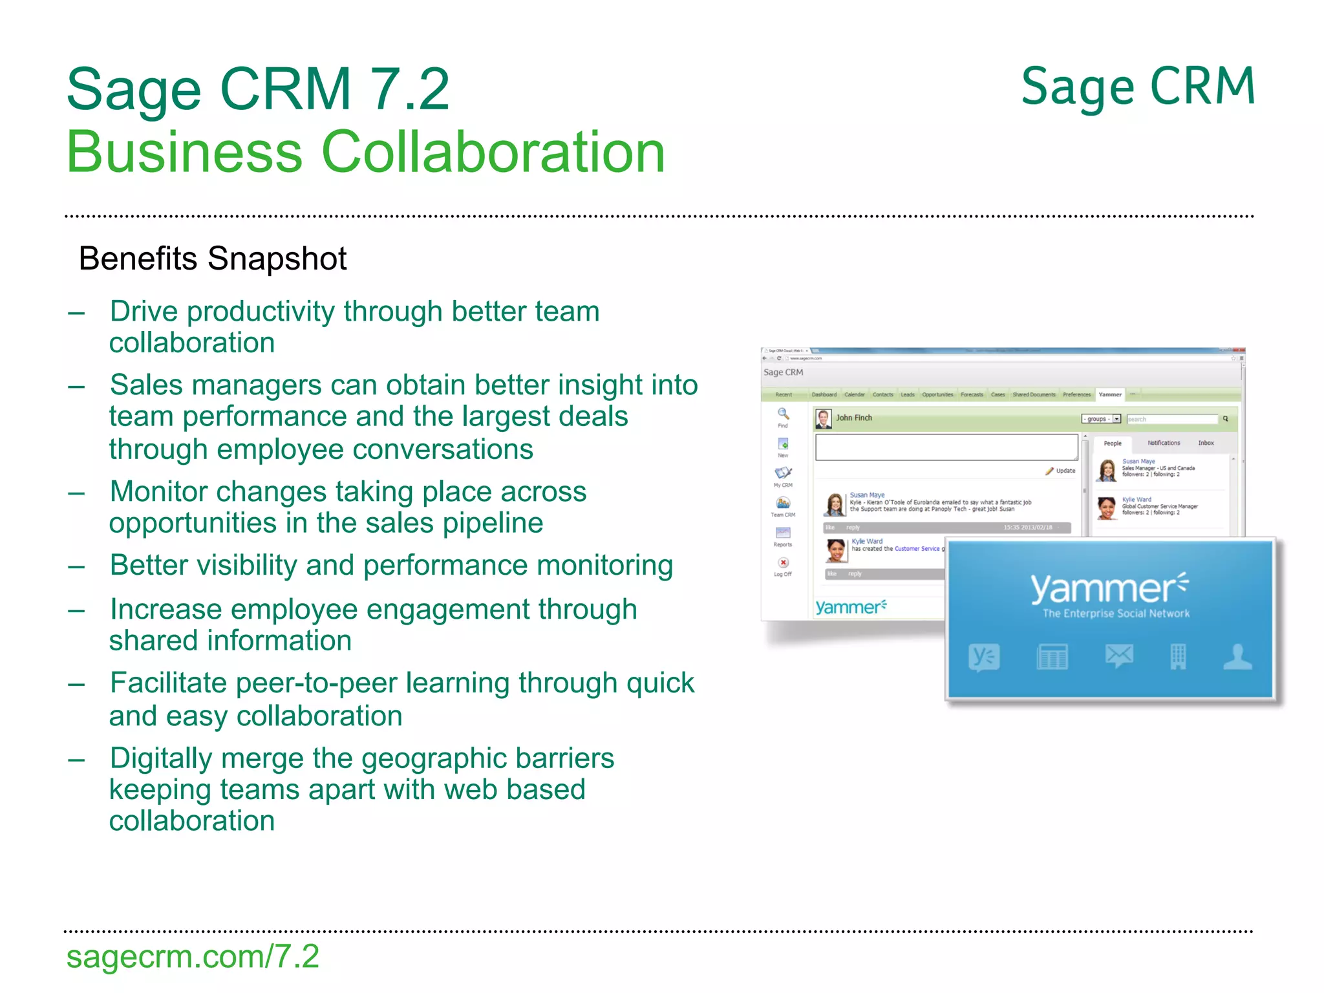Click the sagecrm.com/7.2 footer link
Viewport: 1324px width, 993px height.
(193, 957)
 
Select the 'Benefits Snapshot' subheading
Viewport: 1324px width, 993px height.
(213, 259)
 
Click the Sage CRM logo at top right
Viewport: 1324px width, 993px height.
(1138, 87)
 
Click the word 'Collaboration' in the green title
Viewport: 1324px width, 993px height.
(493, 153)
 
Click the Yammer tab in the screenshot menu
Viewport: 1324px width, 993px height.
(1110, 394)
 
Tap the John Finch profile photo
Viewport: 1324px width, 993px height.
(823, 419)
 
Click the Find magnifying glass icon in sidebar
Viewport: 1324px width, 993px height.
(783, 414)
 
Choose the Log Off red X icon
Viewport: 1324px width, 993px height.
(783, 563)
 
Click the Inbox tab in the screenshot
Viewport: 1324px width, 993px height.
(1206, 443)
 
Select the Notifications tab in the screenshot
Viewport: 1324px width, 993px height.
(1164, 443)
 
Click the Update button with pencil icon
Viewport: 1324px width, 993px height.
(1061, 471)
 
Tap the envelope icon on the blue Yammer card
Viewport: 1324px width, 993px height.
(1119, 656)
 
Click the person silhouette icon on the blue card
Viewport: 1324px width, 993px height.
(1237, 656)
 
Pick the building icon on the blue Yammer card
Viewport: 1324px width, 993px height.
(1178, 656)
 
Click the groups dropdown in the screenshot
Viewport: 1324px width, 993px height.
(1101, 419)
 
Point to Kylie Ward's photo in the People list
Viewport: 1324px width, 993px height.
(1107, 508)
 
